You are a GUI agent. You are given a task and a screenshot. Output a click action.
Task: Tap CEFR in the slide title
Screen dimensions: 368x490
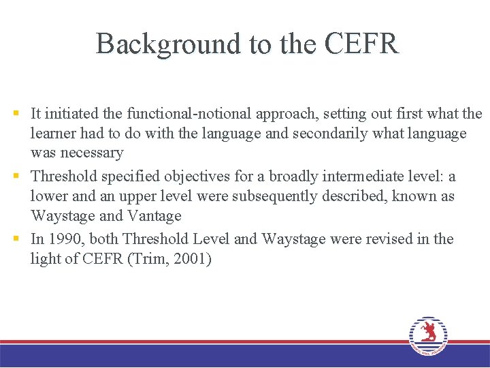point(361,44)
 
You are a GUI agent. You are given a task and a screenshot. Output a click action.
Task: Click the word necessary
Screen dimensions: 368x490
point(91,153)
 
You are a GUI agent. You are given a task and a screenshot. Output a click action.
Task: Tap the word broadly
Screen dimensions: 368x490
point(293,177)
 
